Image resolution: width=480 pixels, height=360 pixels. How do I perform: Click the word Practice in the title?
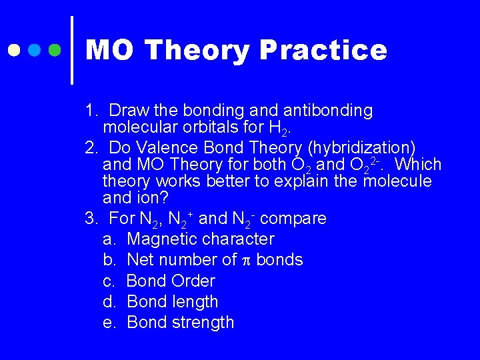click(323, 51)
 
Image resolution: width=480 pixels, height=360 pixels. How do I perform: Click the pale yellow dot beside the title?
click(13, 50)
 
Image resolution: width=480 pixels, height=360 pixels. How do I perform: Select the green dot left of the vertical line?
click(56, 50)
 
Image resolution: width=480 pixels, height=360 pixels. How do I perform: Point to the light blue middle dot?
click(35, 50)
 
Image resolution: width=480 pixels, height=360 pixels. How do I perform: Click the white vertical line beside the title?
click(71, 50)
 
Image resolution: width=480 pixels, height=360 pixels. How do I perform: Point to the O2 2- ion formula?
click(364, 164)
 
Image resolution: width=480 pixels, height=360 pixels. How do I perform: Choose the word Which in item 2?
click(418, 165)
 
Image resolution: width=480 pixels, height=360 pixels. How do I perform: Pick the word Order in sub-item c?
click(193, 281)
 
